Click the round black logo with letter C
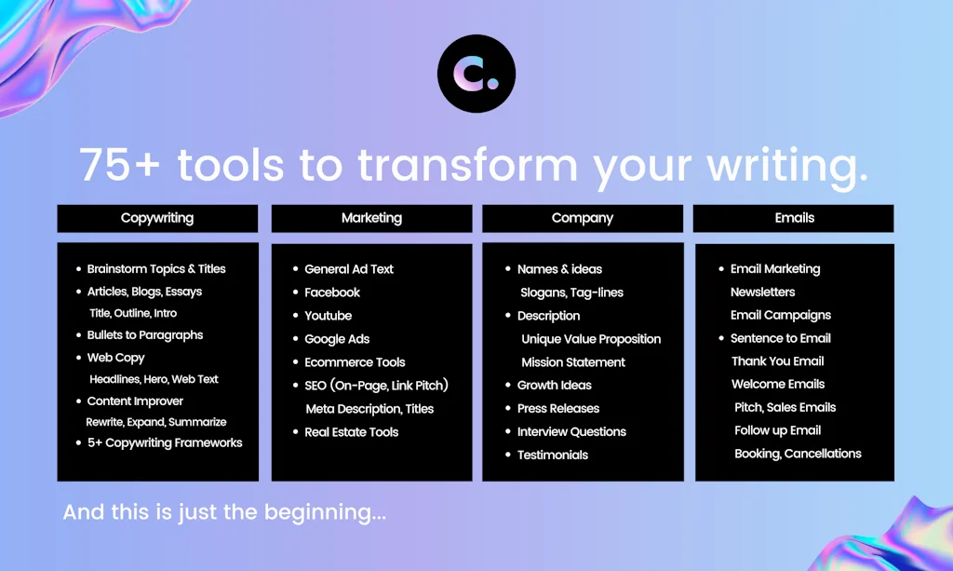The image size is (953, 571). (x=476, y=74)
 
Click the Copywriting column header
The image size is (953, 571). (x=157, y=218)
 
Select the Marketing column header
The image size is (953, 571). (x=371, y=218)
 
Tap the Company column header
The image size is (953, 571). (x=583, y=218)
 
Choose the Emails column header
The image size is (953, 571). (x=794, y=218)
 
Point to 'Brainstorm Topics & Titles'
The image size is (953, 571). (x=156, y=269)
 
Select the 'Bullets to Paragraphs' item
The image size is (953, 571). (x=144, y=335)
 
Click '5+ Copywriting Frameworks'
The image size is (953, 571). (x=165, y=443)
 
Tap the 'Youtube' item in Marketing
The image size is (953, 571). (x=328, y=316)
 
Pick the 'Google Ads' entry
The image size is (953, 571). (x=337, y=339)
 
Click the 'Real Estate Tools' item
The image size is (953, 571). (x=351, y=432)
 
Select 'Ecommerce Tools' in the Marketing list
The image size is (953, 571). (x=355, y=362)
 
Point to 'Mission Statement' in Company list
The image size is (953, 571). (x=573, y=362)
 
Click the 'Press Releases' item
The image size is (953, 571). (x=558, y=408)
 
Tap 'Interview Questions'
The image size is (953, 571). (x=571, y=431)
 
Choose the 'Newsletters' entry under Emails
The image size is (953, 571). (x=762, y=292)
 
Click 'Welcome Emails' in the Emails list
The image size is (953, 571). (x=778, y=384)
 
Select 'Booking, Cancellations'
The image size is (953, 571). (x=798, y=454)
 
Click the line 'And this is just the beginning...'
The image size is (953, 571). (x=224, y=512)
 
